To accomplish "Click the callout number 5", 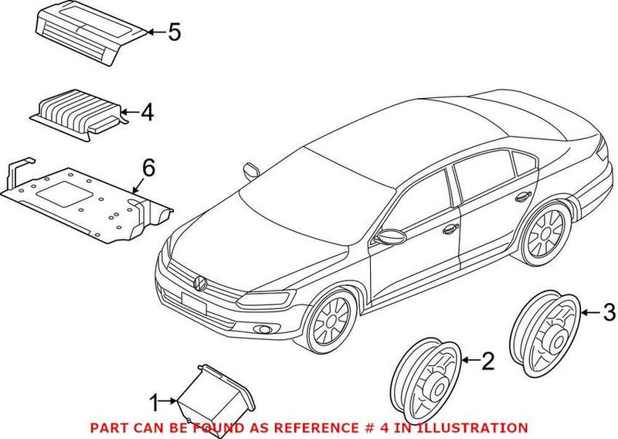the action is (x=175, y=32).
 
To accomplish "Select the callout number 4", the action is (x=147, y=112).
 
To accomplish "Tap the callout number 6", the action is (x=148, y=168).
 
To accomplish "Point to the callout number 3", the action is (x=609, y=312).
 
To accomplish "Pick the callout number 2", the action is (x=488, y=361).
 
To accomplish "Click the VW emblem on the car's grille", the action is (x=200, y=283).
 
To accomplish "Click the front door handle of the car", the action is (x=450, y=229).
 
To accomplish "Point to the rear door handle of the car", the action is (x=523, y=196).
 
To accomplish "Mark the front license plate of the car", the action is (x=194, y=303).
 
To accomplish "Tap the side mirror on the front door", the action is (x=390, y=237).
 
